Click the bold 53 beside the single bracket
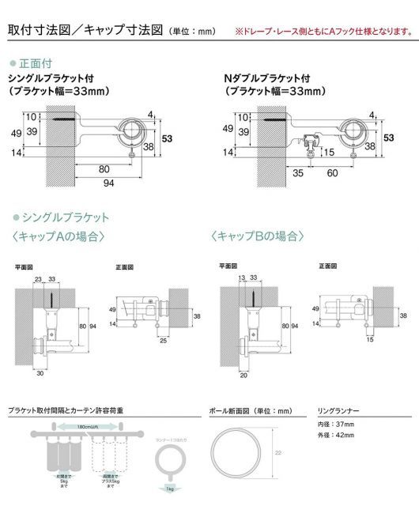pyautogui.click(x=167, y=138)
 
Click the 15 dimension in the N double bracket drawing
pyautogui.click(x=328, y=153)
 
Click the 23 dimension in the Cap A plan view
pyautogui.click(x=38, y=278)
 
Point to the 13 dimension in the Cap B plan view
pyautogui.click(x=240, y=278)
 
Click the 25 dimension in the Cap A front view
pyautogui.click(x=162, y=340)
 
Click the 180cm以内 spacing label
pyautogui.click(x=77, y=426)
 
